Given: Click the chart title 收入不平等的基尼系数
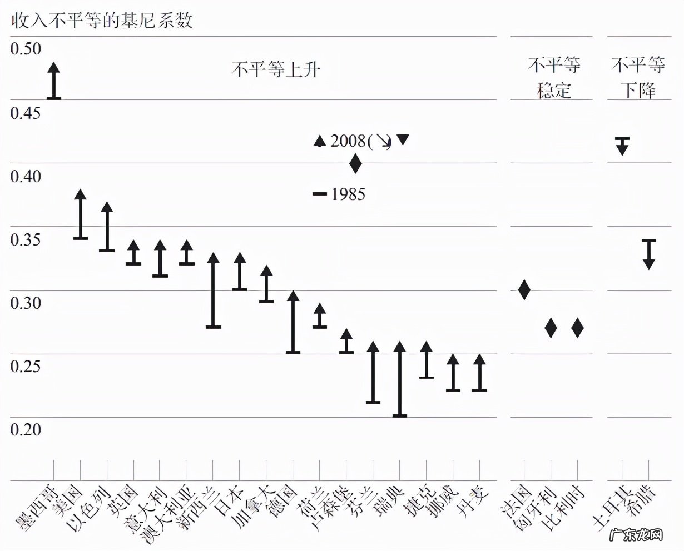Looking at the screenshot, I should click(x=102, y=21).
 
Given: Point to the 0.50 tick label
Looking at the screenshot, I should click(x=26, y=49).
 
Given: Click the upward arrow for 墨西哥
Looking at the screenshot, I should click(x=53, y=81).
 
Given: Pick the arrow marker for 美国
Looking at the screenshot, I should click(x=81, y=214).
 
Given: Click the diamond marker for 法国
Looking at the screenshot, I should click(x=524, y=289).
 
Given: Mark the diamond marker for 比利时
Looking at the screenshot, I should click(x=578, y=328).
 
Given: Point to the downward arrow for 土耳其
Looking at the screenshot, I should click(x=622, y=146).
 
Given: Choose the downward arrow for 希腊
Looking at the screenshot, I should click(x=649, y=254).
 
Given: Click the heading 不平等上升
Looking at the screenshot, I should click(x=275, y=69).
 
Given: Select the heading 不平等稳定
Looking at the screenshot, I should click(x=554, y=77).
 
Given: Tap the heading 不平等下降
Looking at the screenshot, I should click(x=638, y=77).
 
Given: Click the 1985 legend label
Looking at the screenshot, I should click(x=348, y=194).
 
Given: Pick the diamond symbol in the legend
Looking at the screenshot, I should click(x=355, y=164).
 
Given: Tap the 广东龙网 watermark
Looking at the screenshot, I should click(x=637, y=535).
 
